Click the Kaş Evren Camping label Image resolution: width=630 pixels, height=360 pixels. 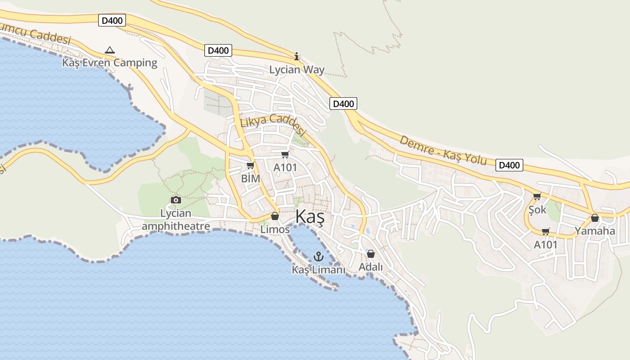pyautogui.click(x=110, y=63)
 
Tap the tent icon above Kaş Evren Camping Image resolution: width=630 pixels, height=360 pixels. pyautogui.click(x=109, y=50)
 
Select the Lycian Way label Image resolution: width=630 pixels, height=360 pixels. pyautogui.click(x=297, y=70)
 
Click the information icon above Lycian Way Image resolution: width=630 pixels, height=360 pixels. pyautogui.click(x=297, y=57)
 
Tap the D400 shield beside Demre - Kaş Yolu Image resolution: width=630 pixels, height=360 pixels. pyautogui.click(x=509, y=165)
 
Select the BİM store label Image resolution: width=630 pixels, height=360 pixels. pyautogui.click(x=251, y=178)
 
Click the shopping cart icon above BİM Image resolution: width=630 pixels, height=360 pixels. pyautogui.click(x=251, y=166)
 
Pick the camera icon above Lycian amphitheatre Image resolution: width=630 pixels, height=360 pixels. pyautogui.click(x=176, y=200)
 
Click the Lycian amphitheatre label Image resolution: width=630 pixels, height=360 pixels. pyautogui.click(x=176, y=219)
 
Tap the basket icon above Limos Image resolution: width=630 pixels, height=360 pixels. pyautogui.click(x=275, y=216)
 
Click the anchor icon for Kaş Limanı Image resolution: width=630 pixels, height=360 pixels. pyautogui.click(x=319, y=257)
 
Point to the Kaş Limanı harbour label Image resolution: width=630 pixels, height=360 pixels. pyautogui.click(x=319, y=270)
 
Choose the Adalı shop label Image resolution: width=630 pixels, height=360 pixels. pyautogui.click(x=371, y=267)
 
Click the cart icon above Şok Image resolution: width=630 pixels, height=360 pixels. pyautogui.click(x=537, y=197)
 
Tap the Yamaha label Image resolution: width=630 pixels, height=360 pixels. pyautogui.click(x=594, y=231)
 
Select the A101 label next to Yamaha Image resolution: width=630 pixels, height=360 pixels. pyautogui.click(x=545, y=245)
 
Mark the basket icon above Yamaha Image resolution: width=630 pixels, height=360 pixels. pyautogui.click(x=594, y=218)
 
